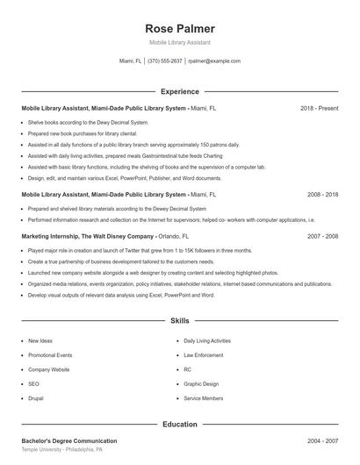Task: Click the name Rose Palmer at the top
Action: (x=179, y=29)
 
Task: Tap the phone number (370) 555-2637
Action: (x=165, y=61)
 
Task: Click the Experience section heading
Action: (x=179, y=91)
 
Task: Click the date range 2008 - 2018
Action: (x=322, y=194)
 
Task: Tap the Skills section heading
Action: (x=179, y=322)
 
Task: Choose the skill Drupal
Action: (x=38, y=398)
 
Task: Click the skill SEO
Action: (x=33, y=383)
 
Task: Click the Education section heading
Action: (x=179, y=425)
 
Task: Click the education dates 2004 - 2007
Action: (x=322, y=440)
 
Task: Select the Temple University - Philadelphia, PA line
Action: (x=62, y=449)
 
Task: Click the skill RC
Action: (x=188, y=369)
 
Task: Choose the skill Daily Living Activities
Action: (x=207, y=340)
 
